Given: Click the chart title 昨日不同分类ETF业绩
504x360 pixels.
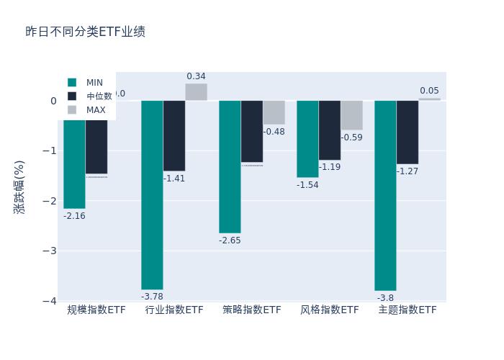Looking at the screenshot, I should point(85,32).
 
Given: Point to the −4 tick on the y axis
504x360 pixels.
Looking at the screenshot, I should point(50,301).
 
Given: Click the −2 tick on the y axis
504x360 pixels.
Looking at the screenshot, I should point(50,201).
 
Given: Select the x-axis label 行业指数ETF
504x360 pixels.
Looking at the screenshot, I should point(174,310).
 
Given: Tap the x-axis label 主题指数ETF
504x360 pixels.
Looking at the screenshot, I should point(408,310).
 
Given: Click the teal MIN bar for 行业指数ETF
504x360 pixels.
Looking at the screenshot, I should point(152,194).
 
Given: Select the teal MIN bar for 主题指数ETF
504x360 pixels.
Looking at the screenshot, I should point(385,195).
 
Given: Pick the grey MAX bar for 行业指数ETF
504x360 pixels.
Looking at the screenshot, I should point(196,92).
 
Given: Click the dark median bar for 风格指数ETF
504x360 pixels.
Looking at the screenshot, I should point(330,130).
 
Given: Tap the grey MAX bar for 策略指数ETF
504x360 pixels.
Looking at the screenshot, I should point(274,112).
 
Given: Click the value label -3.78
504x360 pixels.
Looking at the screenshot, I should point(152,297).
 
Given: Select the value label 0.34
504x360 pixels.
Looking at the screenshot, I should point(196,76).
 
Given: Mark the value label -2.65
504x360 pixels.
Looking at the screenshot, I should point(230,240).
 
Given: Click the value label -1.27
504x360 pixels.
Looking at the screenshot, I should point(408,171).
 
